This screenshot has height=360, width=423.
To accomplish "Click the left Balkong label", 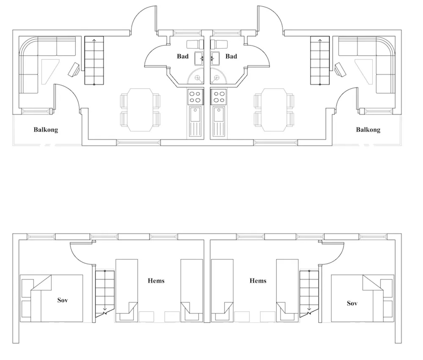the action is click(x=46, y=130).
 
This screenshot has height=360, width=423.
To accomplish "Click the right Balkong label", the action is click(x=368, y=130).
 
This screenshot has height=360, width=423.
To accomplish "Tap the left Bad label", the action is click(x=183, y=56).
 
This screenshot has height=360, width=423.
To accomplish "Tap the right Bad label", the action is click(x=231, y=56).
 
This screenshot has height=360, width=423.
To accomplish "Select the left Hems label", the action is click(x=156, y=281).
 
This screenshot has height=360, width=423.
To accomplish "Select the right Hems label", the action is click(x=258, y=281).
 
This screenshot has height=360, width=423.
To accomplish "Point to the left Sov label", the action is click(x=63, y=300).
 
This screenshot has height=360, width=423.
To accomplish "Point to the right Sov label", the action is click(x=352, y=303).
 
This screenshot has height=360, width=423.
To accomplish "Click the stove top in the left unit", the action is click(x=195, y=97).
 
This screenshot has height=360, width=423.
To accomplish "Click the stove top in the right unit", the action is click(x=219, y=97).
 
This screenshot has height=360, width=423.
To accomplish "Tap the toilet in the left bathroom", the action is click(x=195, y=44).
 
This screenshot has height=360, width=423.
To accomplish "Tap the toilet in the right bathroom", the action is click(x=219, y=44).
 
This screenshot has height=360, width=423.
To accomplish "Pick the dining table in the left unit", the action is click(x=140, y=110).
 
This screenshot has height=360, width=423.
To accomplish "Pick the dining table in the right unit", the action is click(x=274, y=110).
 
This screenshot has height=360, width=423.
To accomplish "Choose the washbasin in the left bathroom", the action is click(x=199, y=59).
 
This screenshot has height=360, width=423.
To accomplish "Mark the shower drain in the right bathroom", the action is click(x=217, y=78).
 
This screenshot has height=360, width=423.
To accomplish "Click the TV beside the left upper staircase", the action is click(x=74, y=70).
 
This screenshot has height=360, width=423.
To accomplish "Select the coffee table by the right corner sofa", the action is click(x=364, y=72).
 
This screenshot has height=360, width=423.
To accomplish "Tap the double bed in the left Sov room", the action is click(x=57, y=298).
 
